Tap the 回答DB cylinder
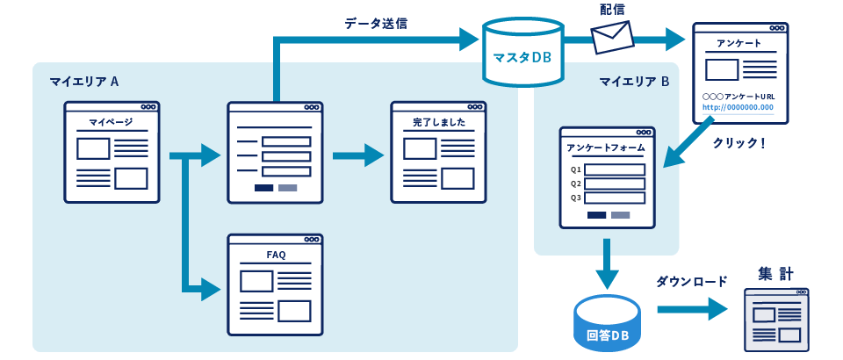(608, 324)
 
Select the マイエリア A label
(83, 82)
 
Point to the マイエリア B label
(634, 82)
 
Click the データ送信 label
(376, 24)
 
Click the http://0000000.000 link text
(738, 108)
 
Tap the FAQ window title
(276, 255)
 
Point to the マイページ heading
(112, 122)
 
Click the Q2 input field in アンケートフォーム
(615, 184)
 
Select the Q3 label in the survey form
(576, 198)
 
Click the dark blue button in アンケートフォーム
(596, 215)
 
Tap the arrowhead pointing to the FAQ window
(211, 287)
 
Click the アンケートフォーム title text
(606, 148)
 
